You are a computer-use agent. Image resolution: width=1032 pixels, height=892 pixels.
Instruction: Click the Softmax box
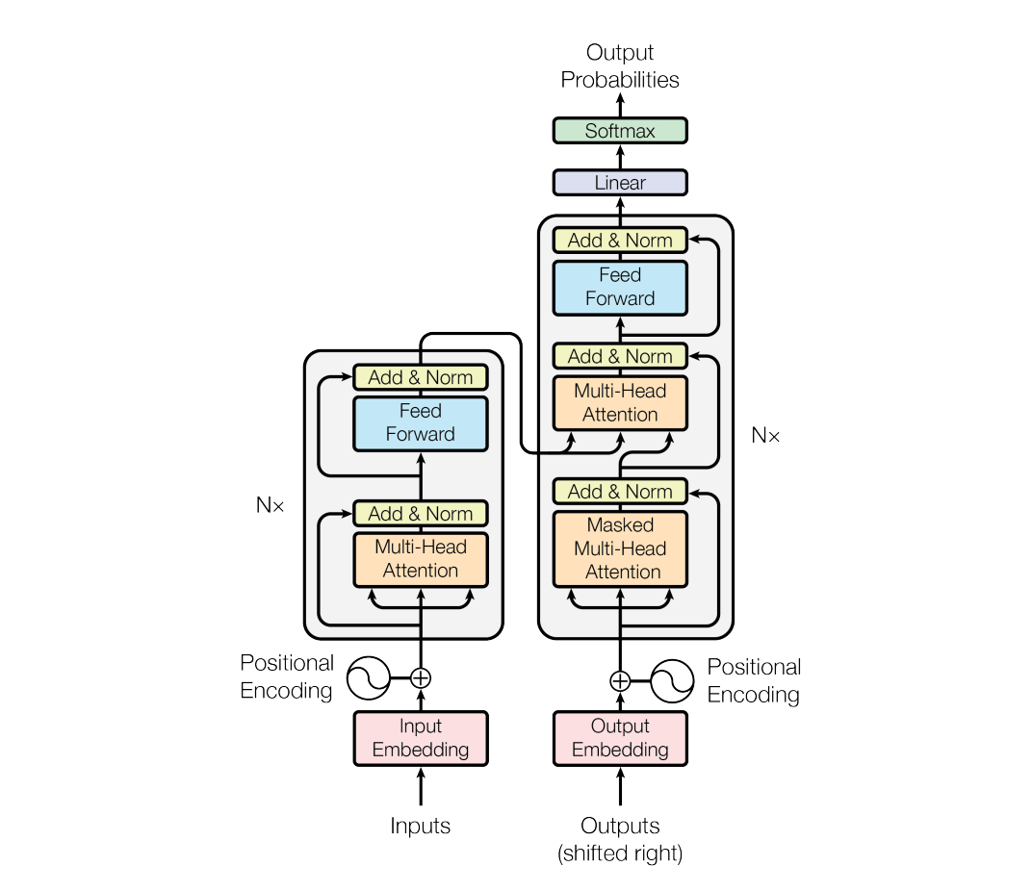[620, 131]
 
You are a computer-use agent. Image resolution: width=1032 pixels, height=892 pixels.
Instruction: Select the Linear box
[620, 183]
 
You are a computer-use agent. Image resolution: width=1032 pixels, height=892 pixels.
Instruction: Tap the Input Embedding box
[421, 738]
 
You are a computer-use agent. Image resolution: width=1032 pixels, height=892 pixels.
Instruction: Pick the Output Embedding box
[620, 738]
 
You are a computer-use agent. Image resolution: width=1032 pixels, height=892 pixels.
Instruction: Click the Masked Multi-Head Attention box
[620, 548]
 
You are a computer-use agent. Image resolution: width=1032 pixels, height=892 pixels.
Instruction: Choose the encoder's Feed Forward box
[421, 422]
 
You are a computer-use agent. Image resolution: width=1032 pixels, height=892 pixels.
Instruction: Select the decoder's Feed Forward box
[620, 287]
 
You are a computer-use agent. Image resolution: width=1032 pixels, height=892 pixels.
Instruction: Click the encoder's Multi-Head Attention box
[421, 558]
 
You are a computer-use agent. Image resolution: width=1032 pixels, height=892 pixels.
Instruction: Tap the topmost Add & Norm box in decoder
[620, 241]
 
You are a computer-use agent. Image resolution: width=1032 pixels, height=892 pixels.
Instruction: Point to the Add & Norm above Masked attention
[620, 492]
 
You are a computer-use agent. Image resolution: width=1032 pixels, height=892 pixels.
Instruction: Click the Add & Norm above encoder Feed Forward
[421, 377]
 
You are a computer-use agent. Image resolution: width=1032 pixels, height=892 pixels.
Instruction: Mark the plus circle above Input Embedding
[421, 677]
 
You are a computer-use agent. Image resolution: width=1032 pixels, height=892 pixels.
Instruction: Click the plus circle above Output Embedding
[620, 681]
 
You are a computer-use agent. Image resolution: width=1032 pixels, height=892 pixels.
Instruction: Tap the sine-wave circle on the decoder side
[673, 681]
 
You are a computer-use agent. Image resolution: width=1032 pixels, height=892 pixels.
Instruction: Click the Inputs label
[421, 826]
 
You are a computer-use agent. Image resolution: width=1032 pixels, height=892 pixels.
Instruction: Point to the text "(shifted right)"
[620, 854]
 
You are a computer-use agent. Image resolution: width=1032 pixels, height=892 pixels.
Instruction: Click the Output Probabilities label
[620, 66]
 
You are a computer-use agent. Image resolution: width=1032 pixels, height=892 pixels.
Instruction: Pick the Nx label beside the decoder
[765, 436]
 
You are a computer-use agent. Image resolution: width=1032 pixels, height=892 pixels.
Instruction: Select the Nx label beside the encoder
[271, 504]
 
